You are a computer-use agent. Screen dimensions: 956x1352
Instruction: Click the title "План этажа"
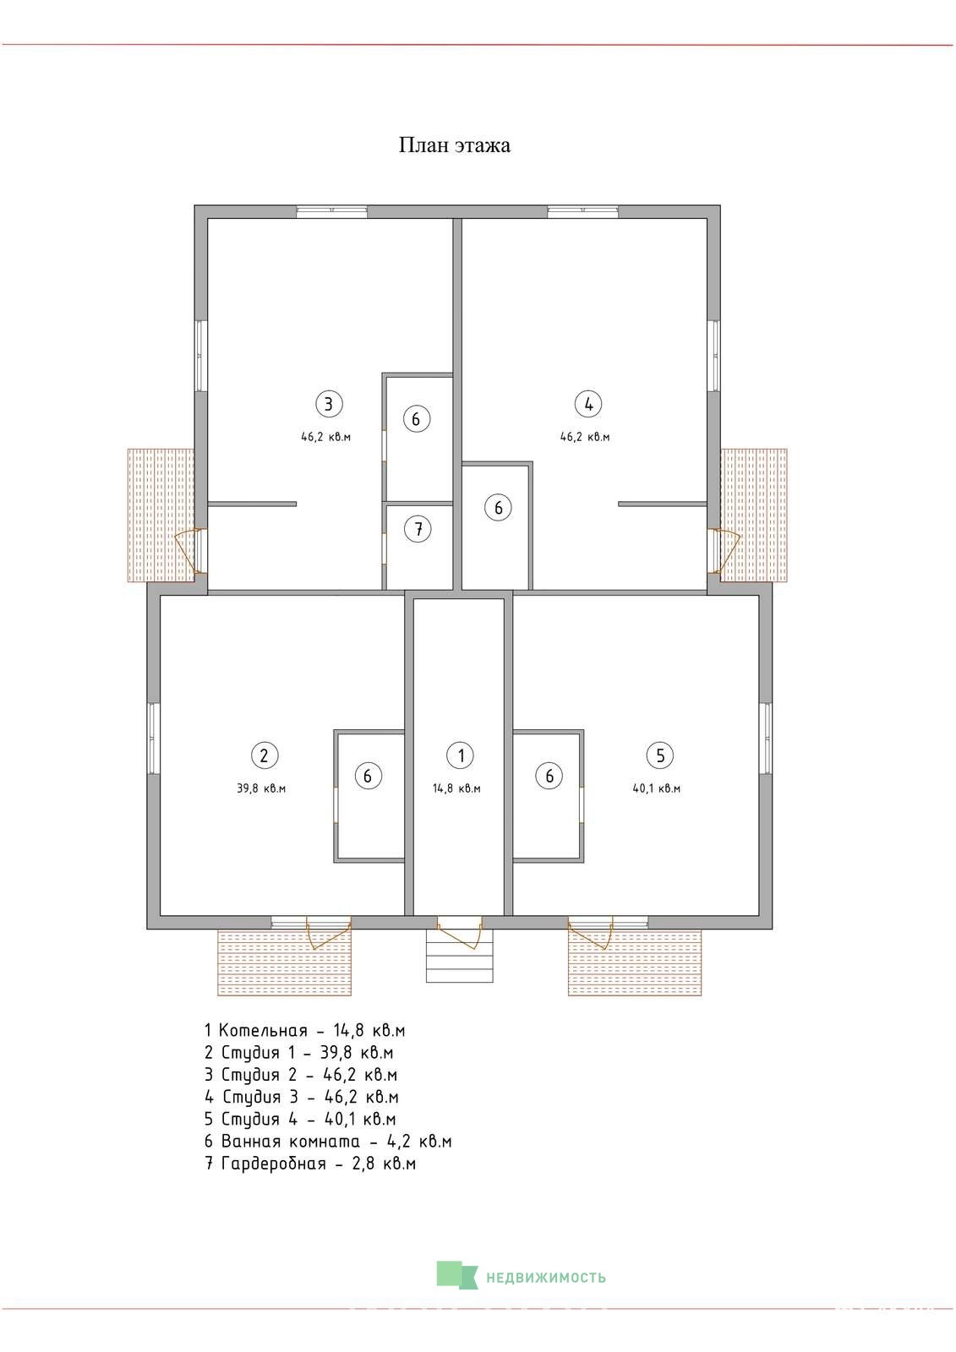tap(454, 144)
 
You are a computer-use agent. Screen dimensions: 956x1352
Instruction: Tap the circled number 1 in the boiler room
tap(460, 755)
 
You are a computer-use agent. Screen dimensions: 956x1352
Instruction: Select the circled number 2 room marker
tap(264, 755)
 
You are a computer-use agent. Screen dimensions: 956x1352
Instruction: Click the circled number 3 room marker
tap(329, 403)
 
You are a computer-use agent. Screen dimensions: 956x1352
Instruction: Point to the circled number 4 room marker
tap(589, 403)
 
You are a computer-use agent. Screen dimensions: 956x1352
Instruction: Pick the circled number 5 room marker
tap(660, 755)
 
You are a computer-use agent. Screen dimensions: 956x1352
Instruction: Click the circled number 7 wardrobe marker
tap(418, 529)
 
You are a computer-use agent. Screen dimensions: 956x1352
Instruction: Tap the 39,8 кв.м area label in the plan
tap(261, 788)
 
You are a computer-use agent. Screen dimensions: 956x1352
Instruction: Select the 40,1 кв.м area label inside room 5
tap(657, 788)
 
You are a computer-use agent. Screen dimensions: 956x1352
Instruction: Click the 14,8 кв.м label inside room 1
tap(456, 788)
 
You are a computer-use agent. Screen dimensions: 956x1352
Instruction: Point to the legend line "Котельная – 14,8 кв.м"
tap(305, 1030)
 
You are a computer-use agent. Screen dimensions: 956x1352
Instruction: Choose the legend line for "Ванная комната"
tap(328, 1142)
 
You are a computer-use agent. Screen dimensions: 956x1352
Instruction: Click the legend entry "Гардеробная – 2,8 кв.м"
tap(310, 1164)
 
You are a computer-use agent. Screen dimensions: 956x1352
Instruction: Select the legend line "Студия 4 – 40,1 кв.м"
tap(300, 1119)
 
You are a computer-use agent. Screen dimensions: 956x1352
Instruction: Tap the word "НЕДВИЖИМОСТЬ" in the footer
tap(546, 1278)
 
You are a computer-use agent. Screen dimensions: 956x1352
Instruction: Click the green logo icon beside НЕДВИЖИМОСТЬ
tap(456, 1275)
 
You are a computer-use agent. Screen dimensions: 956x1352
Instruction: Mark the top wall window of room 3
tap(331, 212)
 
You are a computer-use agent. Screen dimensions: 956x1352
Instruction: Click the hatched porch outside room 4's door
tap(754, 515)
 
